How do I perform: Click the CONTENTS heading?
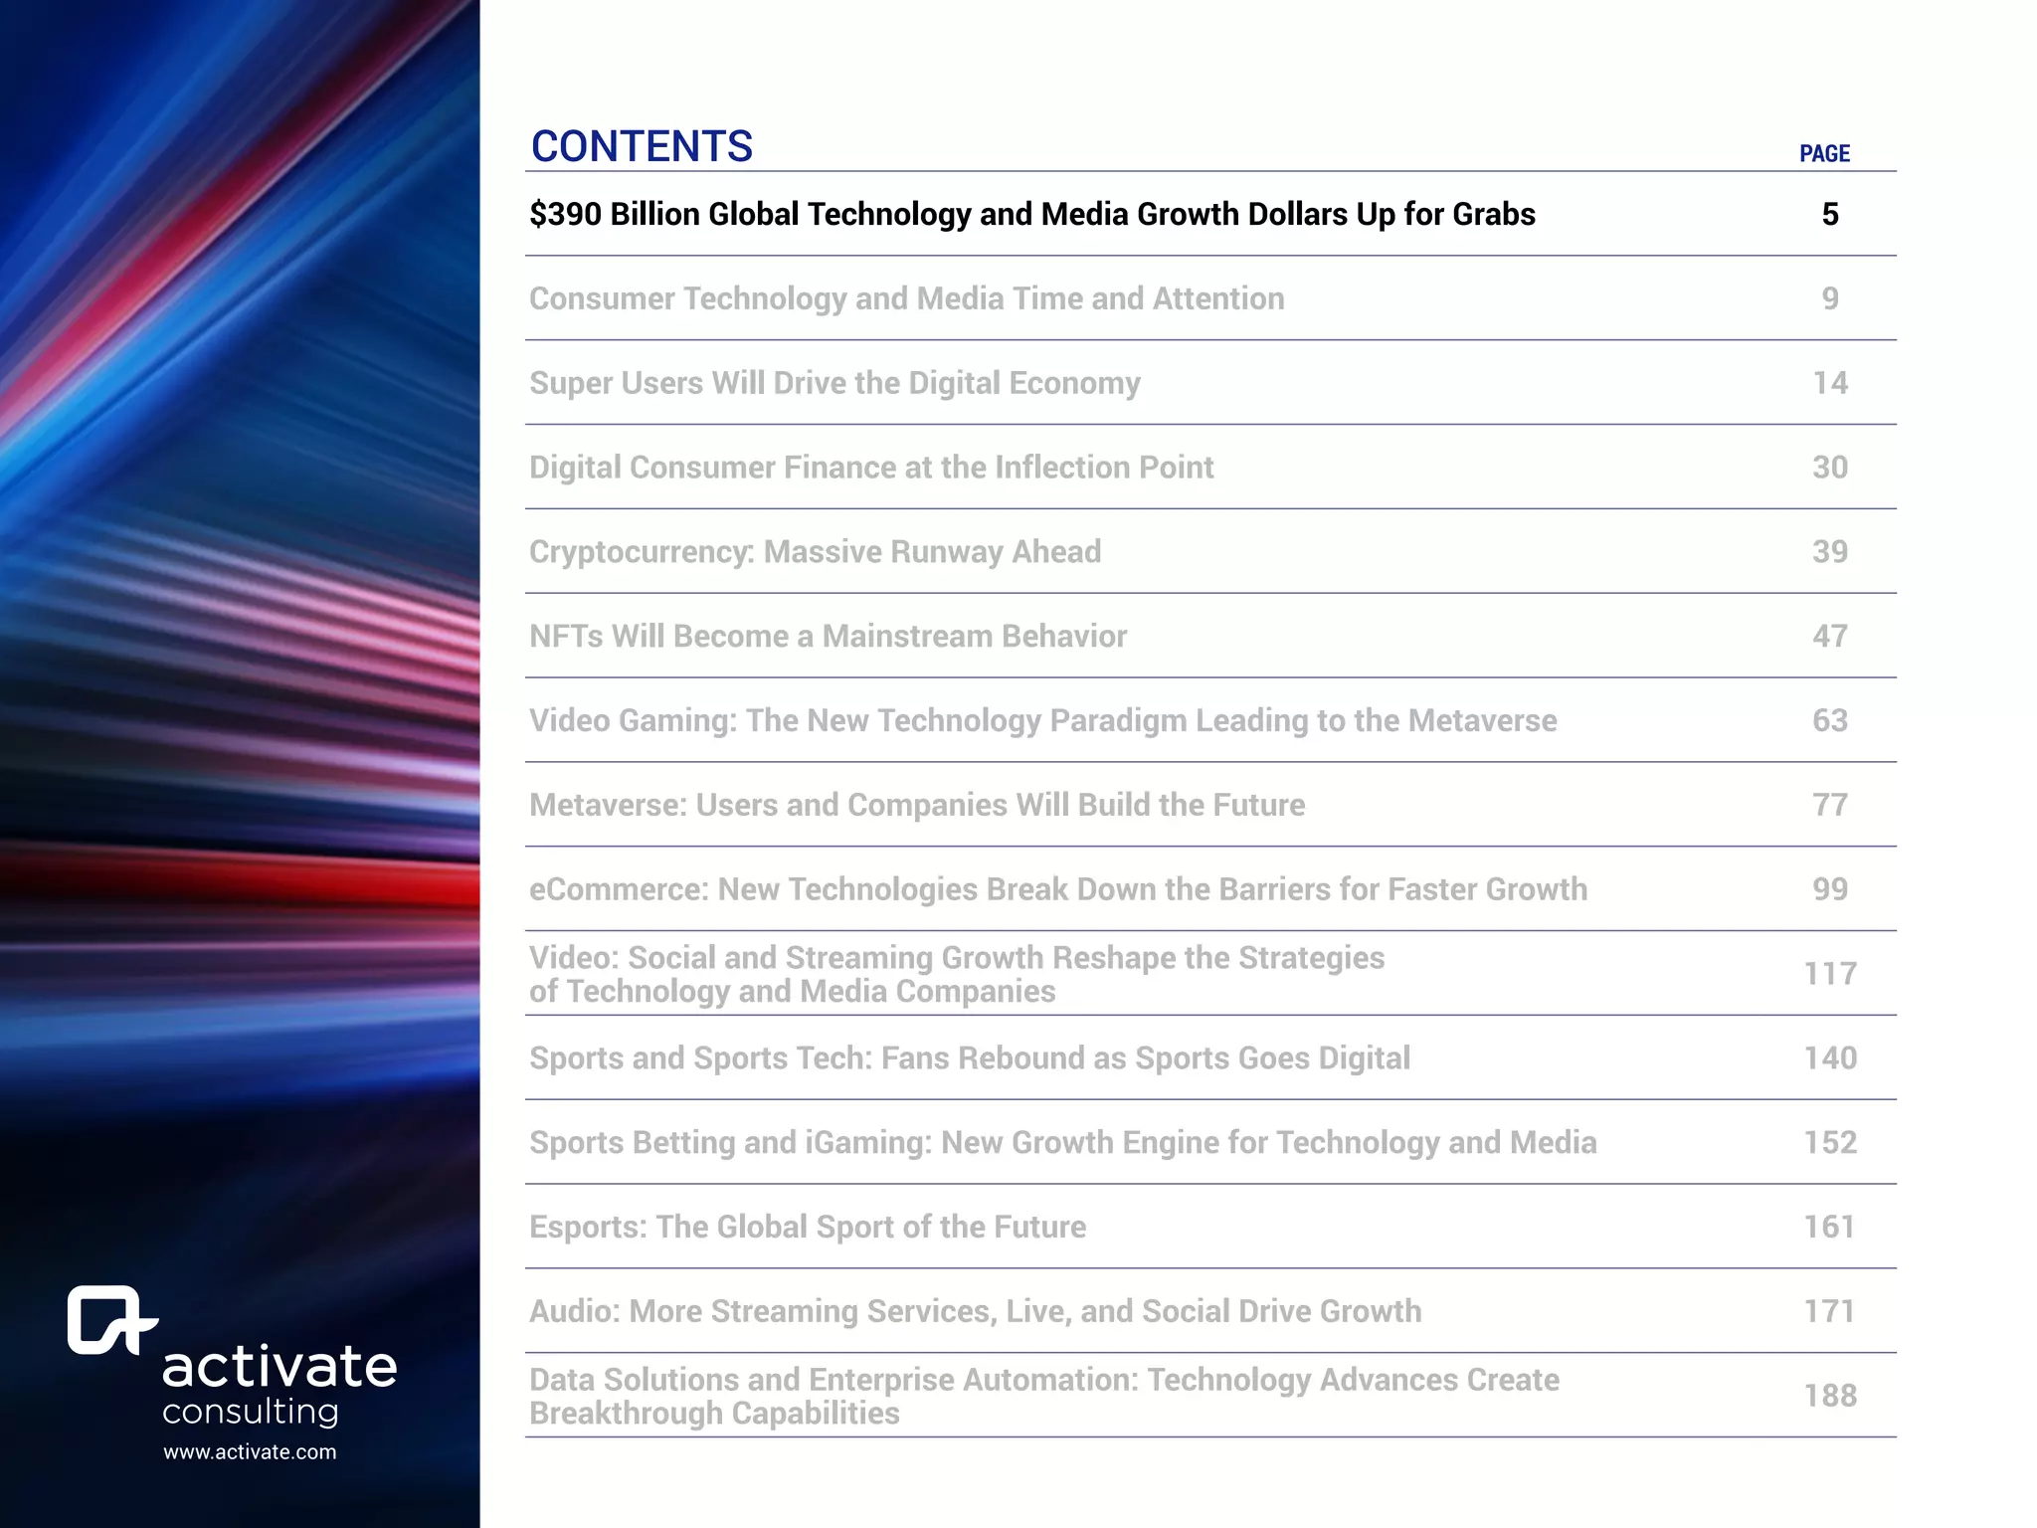(x=642, y=146)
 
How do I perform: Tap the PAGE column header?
(x=1824, y=154)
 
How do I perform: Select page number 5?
(x=1830, y=214)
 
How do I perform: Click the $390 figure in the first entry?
(x=565, y=214)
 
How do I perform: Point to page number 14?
(x=1830, y=383)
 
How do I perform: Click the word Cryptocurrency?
(x=642, y=552)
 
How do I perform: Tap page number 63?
(x=1830, y=720)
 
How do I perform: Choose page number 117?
(x=1830, y=974)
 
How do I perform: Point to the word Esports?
(x=587, y=1228)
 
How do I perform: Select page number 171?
(x=1830, y=1311)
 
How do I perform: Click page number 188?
(x=1830, y=1396)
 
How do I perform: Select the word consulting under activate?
(x=251, y=1412)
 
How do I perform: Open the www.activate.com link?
(x=250, y=1452)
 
